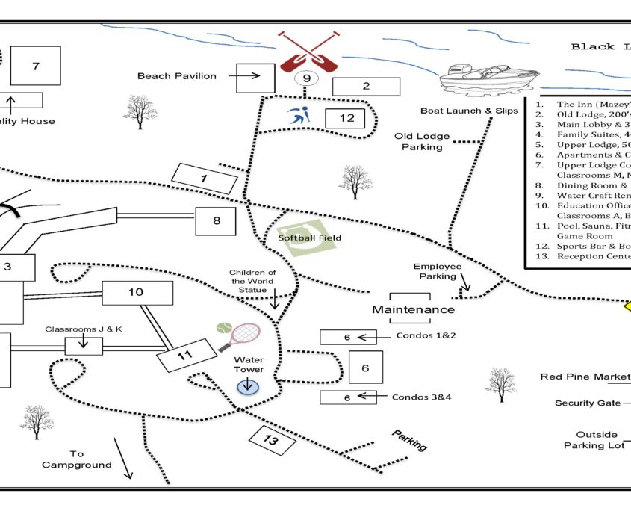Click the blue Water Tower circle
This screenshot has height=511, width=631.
(x=247, y=386)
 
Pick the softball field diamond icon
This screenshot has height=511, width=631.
(x=301, y=238)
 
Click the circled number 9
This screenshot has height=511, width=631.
(x=305, y=78)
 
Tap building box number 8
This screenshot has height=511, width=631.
(x=217, y=221)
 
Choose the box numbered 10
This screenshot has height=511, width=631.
(x=137, y=293)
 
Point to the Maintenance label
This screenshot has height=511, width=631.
(x=413, y=309)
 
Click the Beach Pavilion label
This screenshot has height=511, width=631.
(x=177, y=76)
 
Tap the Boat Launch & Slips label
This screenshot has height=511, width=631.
(x=469, y=111)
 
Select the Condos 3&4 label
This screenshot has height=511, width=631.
(x=422, y=397)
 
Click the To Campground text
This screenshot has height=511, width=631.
(x=77, y=459)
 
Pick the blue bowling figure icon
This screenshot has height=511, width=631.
(x=299, y=117)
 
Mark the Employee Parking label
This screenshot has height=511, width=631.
(x=438, y=271)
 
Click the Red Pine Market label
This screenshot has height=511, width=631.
(x=585, y=377)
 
